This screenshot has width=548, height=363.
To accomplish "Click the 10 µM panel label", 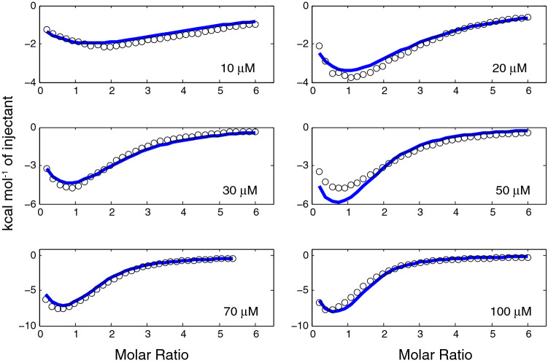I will (237, 69).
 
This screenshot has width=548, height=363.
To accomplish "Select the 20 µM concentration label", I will (509, 69).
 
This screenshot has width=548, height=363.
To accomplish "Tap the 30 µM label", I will (237, 191).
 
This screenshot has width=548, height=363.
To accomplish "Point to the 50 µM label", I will (509, 191).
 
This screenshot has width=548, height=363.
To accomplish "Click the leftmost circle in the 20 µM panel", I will (319, 46).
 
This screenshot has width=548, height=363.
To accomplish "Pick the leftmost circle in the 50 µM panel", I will (319, 172).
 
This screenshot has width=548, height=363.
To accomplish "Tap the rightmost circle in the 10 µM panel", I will (255, 24).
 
